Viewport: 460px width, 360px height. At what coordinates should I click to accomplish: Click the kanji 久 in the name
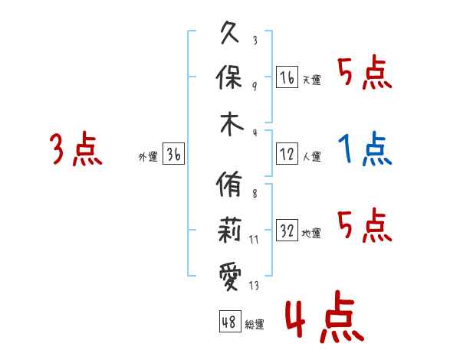click(232, 34)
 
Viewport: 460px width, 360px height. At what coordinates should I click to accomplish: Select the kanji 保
click(232, 78)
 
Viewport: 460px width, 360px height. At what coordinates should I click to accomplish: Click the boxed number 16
click(287, 77)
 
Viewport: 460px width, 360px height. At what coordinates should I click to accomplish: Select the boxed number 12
click(287, 154)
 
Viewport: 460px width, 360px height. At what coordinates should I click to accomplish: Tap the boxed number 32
click(287, 231)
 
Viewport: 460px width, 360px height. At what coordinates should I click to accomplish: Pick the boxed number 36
click(173, 154)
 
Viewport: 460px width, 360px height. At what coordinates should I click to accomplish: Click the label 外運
click(147, 157)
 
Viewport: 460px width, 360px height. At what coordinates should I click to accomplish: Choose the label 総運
click(255, 325)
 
